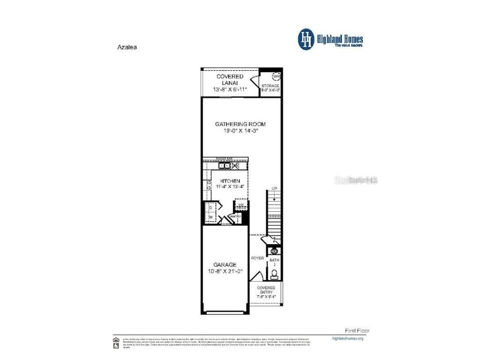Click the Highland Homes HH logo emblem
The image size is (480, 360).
click(x=307, y=39)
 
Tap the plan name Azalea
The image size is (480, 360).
click(x=126, y=47)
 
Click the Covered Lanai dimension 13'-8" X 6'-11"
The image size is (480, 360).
click(x=230, y=89)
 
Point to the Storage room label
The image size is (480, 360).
click(x=270, y=86)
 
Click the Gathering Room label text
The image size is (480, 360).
click(x=240, y=124)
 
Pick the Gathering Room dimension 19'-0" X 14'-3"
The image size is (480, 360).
click(x=240, y=131)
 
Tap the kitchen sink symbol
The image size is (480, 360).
click(x=226, y=166)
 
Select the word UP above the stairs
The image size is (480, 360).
click(x=275, y=188)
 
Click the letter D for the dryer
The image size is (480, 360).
click(x=210, y=207)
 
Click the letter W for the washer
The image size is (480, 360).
click(x=210, y=217)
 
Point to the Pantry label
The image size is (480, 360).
click(x=236, y=217)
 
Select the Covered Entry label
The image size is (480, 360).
click(x=266, y=290)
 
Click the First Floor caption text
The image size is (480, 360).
click(x=357, y=330)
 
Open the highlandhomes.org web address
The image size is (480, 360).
click(x=347, y=338)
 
